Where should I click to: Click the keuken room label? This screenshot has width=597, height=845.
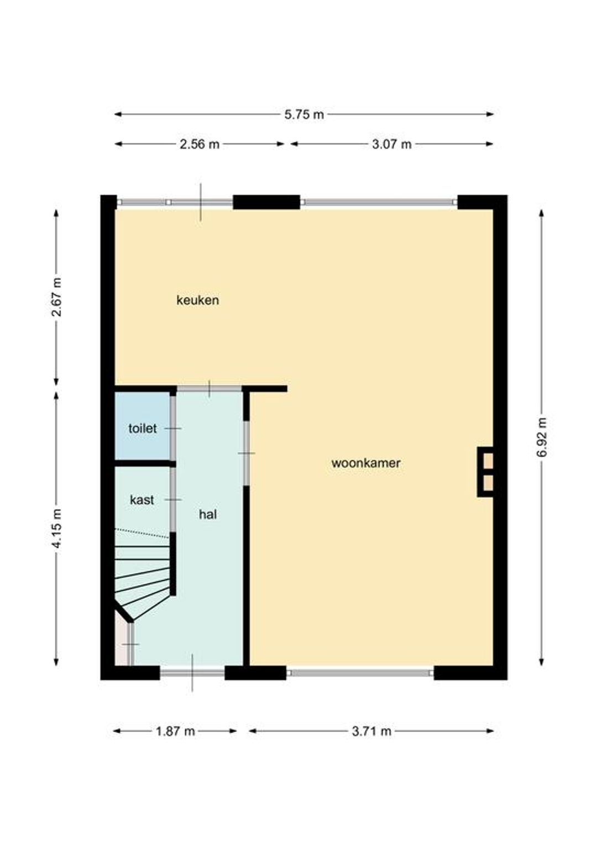(x=197, y=300)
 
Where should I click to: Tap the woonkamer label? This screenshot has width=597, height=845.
(x=366, y=463)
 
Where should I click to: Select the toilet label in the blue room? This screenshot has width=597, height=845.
(x=143, y=429)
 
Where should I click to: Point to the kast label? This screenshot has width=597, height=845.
(x=142, y=500)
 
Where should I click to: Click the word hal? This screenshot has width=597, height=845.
(x=208, y=514)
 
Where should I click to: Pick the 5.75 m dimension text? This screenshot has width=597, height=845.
(x=304, y=114)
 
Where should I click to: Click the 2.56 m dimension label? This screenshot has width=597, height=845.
(x=200, y=144)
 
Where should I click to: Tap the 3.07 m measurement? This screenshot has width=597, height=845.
(x=392, y=144)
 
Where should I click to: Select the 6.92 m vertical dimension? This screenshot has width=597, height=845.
(x=542, y=437)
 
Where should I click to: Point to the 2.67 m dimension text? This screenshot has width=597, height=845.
(x=56, y=297)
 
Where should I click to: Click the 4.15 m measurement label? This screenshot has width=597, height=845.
(x=56, y=529)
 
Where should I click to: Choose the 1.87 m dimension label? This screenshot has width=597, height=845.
(x=175, y=731)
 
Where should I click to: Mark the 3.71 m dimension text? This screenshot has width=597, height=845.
(x=371, y=731)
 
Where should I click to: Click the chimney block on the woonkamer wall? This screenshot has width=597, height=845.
(x=485, y=472)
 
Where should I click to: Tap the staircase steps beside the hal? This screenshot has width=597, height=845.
(x=143, y=573)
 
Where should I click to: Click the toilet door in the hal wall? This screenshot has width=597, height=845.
(x=173, y=429)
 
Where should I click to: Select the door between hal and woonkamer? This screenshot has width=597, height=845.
(x=247, y=453)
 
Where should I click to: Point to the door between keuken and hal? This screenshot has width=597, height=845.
(x=210, y=389)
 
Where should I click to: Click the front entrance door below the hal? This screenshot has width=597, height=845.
(x=192, y=672)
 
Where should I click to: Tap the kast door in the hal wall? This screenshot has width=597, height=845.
(x=173, y=499)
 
